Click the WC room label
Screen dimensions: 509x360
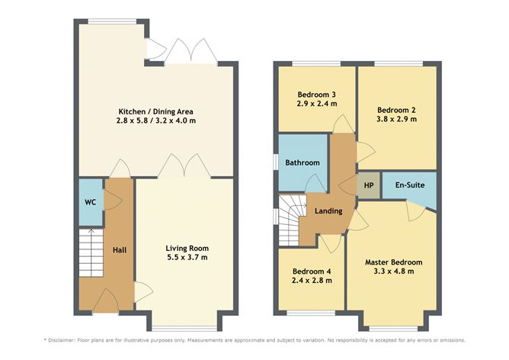90,202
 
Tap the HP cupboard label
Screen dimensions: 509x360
369,185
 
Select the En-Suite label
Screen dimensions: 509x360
410,185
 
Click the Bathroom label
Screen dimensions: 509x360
303,162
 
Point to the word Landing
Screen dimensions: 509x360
328,211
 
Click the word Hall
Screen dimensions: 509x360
120,250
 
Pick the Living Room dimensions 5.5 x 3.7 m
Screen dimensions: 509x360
187,258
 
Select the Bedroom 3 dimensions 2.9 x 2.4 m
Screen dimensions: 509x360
316,104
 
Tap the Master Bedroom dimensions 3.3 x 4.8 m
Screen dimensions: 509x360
394,272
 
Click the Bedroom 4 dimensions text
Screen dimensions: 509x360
312,281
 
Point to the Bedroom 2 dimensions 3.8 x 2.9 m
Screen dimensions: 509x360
396,119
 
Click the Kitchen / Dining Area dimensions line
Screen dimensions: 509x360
155,121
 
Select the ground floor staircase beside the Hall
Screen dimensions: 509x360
91,253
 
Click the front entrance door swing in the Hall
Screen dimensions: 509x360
106,301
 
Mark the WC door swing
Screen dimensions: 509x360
113,200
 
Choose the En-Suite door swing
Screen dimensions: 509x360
415,211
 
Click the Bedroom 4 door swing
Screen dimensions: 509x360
331,243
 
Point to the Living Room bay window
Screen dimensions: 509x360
184,328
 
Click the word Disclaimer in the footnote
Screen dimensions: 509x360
62,340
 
